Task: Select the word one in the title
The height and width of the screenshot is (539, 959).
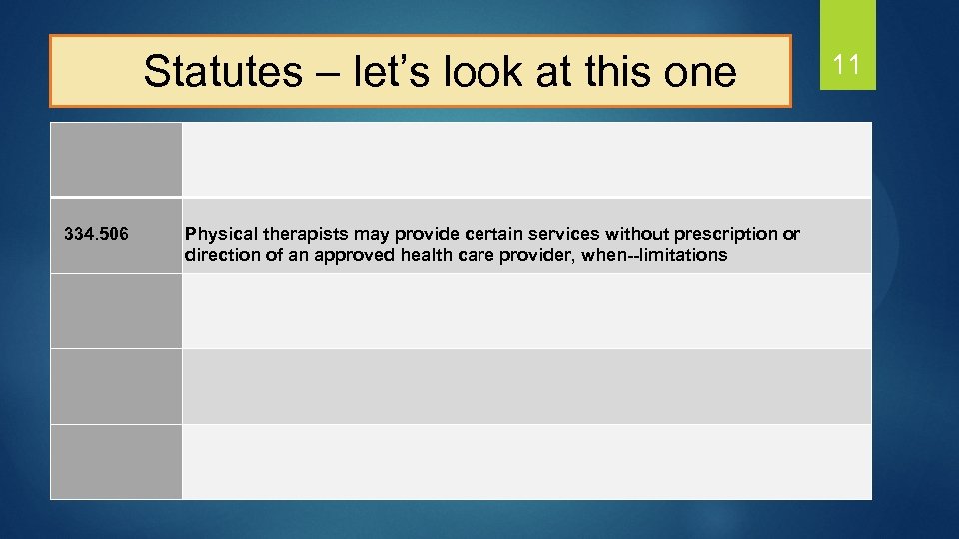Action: click(x=698, y=71)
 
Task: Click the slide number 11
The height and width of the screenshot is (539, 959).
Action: click(x=846, y=67)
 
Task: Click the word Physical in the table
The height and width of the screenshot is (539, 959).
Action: click(x=215, y=235)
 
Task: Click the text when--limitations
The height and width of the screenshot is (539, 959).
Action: click(x=661, y=255)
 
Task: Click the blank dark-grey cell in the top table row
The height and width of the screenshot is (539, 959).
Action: click(x=116, y=160)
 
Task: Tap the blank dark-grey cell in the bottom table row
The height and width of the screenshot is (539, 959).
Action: click(x=116, y=461)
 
